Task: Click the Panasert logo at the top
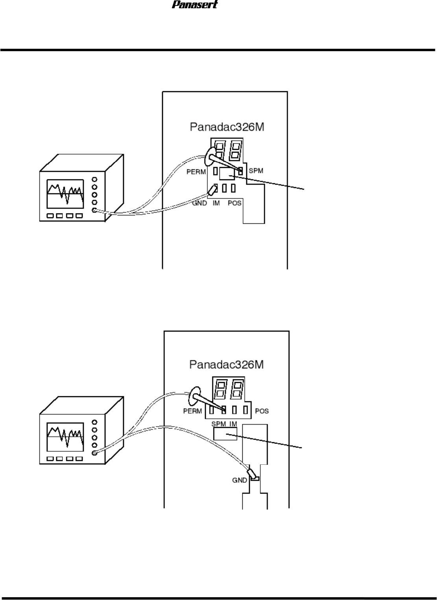195,5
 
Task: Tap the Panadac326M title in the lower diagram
226,364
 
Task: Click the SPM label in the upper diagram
256,171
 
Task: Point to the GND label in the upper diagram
199,203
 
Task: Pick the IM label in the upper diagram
216,203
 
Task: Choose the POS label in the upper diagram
235,203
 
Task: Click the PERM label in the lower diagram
192,411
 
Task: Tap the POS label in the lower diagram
262,411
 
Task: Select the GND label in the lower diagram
240,480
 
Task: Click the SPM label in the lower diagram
219,424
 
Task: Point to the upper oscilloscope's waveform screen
65,194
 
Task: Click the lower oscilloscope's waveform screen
65,437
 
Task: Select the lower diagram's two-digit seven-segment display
228,388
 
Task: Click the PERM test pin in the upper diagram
216,171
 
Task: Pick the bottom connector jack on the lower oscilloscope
94,453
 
